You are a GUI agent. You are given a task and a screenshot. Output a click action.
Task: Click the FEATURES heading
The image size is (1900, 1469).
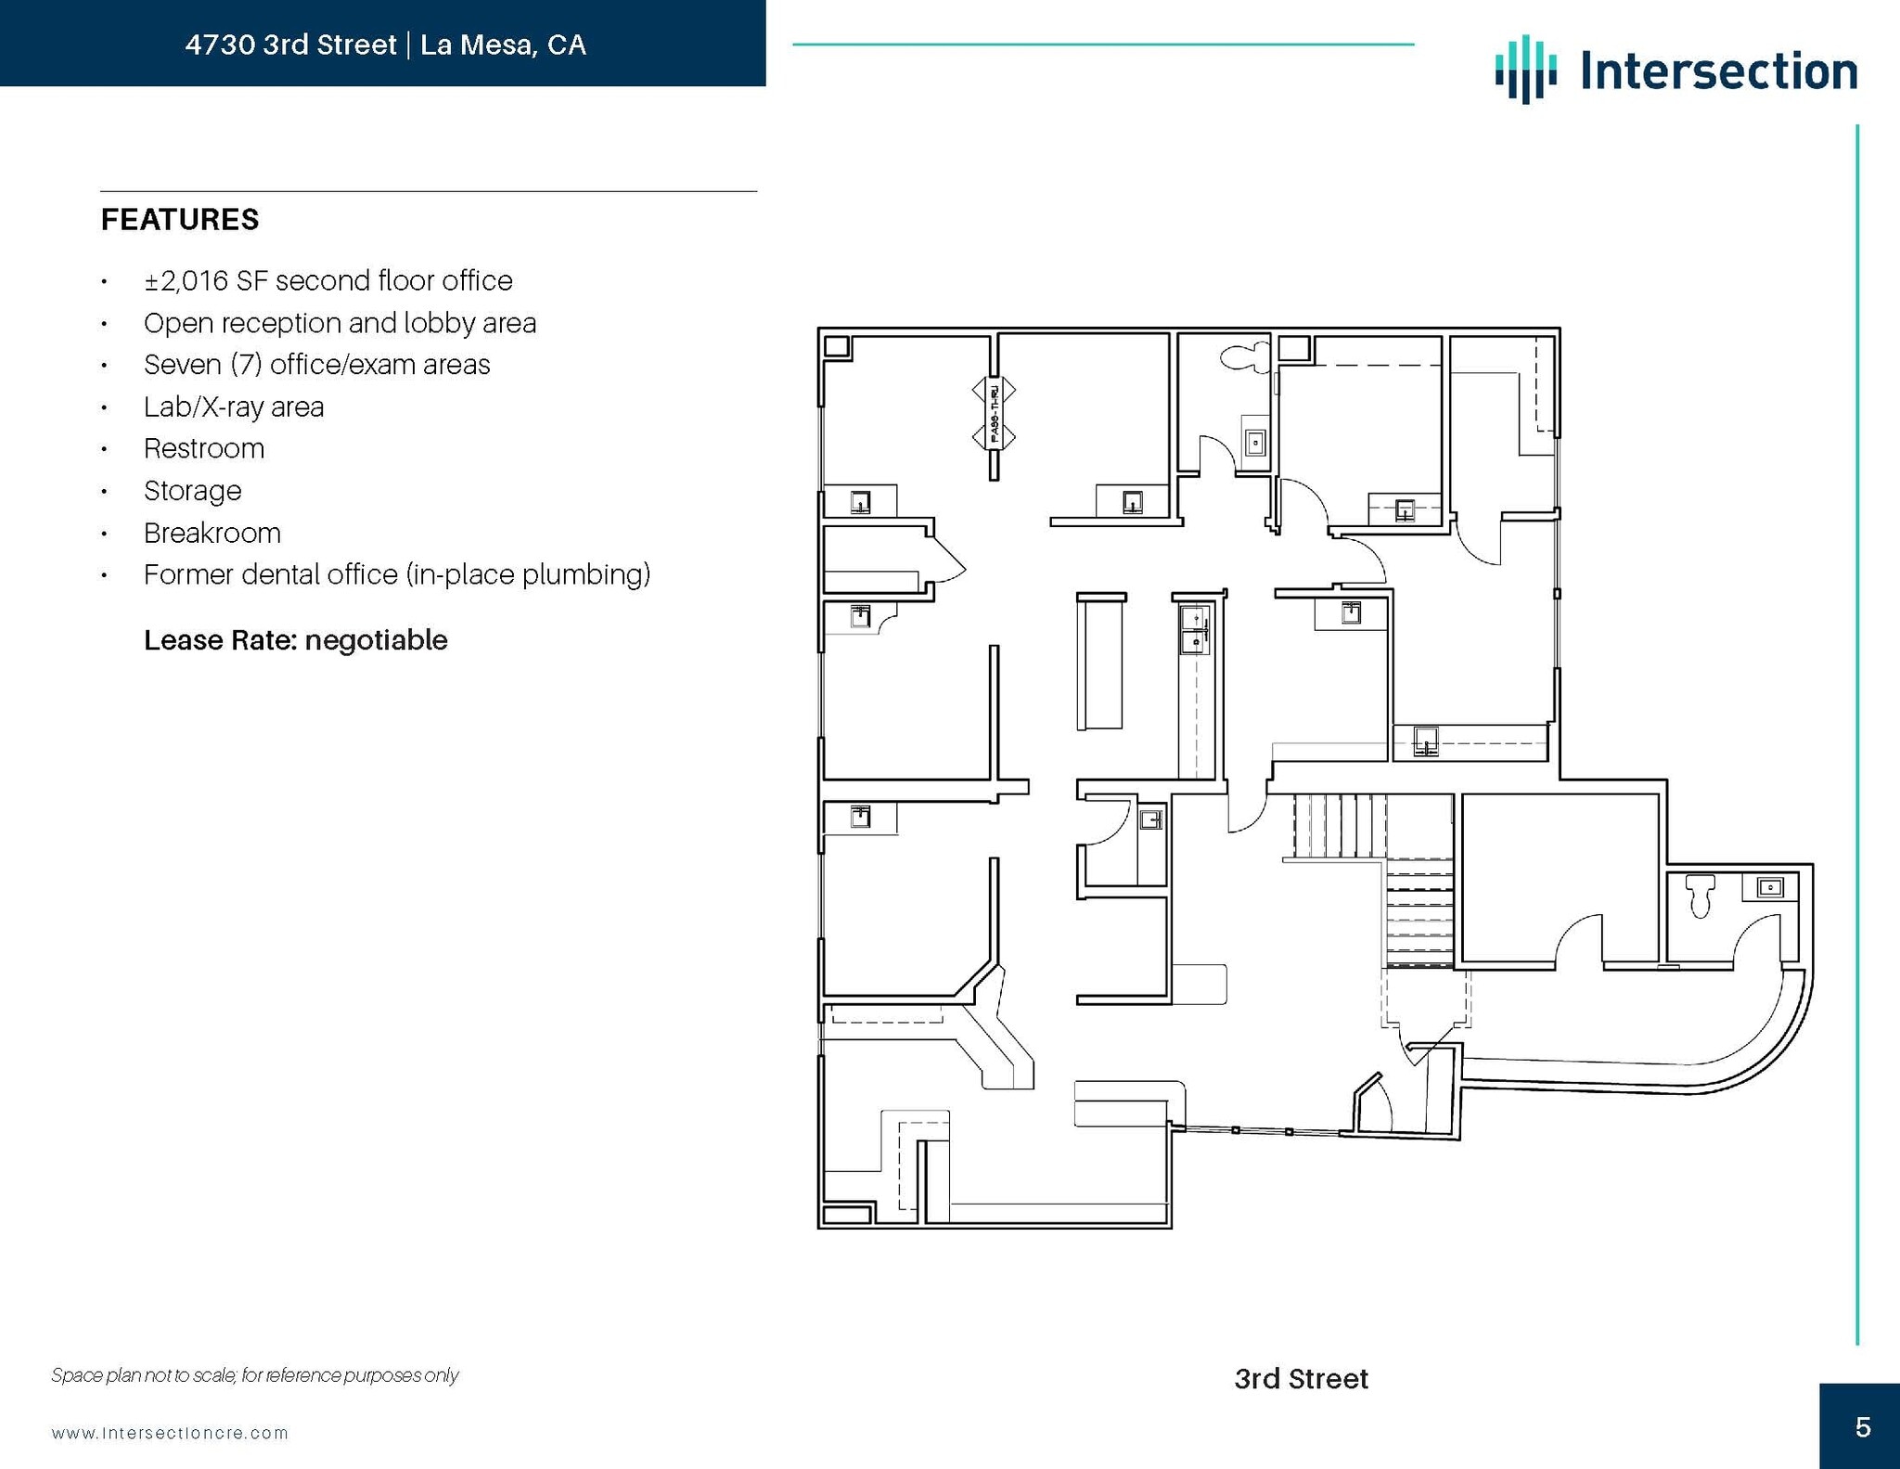click(180, 220)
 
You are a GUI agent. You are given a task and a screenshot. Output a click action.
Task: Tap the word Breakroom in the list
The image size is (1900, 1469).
click(212, 533)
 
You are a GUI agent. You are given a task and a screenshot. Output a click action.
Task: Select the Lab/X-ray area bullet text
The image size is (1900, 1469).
click(233, 407)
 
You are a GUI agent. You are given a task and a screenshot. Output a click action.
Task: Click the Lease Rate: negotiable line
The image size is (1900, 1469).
click(295, 640)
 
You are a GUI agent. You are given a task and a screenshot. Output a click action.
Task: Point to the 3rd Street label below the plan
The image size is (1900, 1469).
click(1300, 1379)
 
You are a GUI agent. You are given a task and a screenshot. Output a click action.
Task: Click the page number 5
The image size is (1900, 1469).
click(1862, 1427)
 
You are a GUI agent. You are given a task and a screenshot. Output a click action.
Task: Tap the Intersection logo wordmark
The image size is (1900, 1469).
click(1718, 71)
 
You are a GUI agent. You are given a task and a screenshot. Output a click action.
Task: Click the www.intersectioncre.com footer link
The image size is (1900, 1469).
click(170, 1433)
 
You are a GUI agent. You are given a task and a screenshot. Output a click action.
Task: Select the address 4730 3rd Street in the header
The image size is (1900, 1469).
click(290, 45)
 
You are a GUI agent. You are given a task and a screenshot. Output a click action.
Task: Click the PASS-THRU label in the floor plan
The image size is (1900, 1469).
click(994, 413)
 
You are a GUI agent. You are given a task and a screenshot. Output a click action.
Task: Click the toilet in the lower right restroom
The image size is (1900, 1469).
click(1700, 894)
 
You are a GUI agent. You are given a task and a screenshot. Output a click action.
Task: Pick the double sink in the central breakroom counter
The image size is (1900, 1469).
click(1195, 629)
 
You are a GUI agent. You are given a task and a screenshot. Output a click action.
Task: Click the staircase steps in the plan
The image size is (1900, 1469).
click(1340, 825)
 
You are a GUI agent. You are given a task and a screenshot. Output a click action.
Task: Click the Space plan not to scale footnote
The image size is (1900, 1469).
click(254, 1375)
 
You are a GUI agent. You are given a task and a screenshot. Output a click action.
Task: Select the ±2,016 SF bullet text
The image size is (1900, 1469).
click(327, 281)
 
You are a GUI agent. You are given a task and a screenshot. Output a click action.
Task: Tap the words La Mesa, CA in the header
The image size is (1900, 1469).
click(502, 45)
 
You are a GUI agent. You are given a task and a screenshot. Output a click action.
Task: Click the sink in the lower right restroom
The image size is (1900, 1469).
click(1769, 888)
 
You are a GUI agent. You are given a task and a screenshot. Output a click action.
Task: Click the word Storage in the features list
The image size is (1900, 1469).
click(192, 491)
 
